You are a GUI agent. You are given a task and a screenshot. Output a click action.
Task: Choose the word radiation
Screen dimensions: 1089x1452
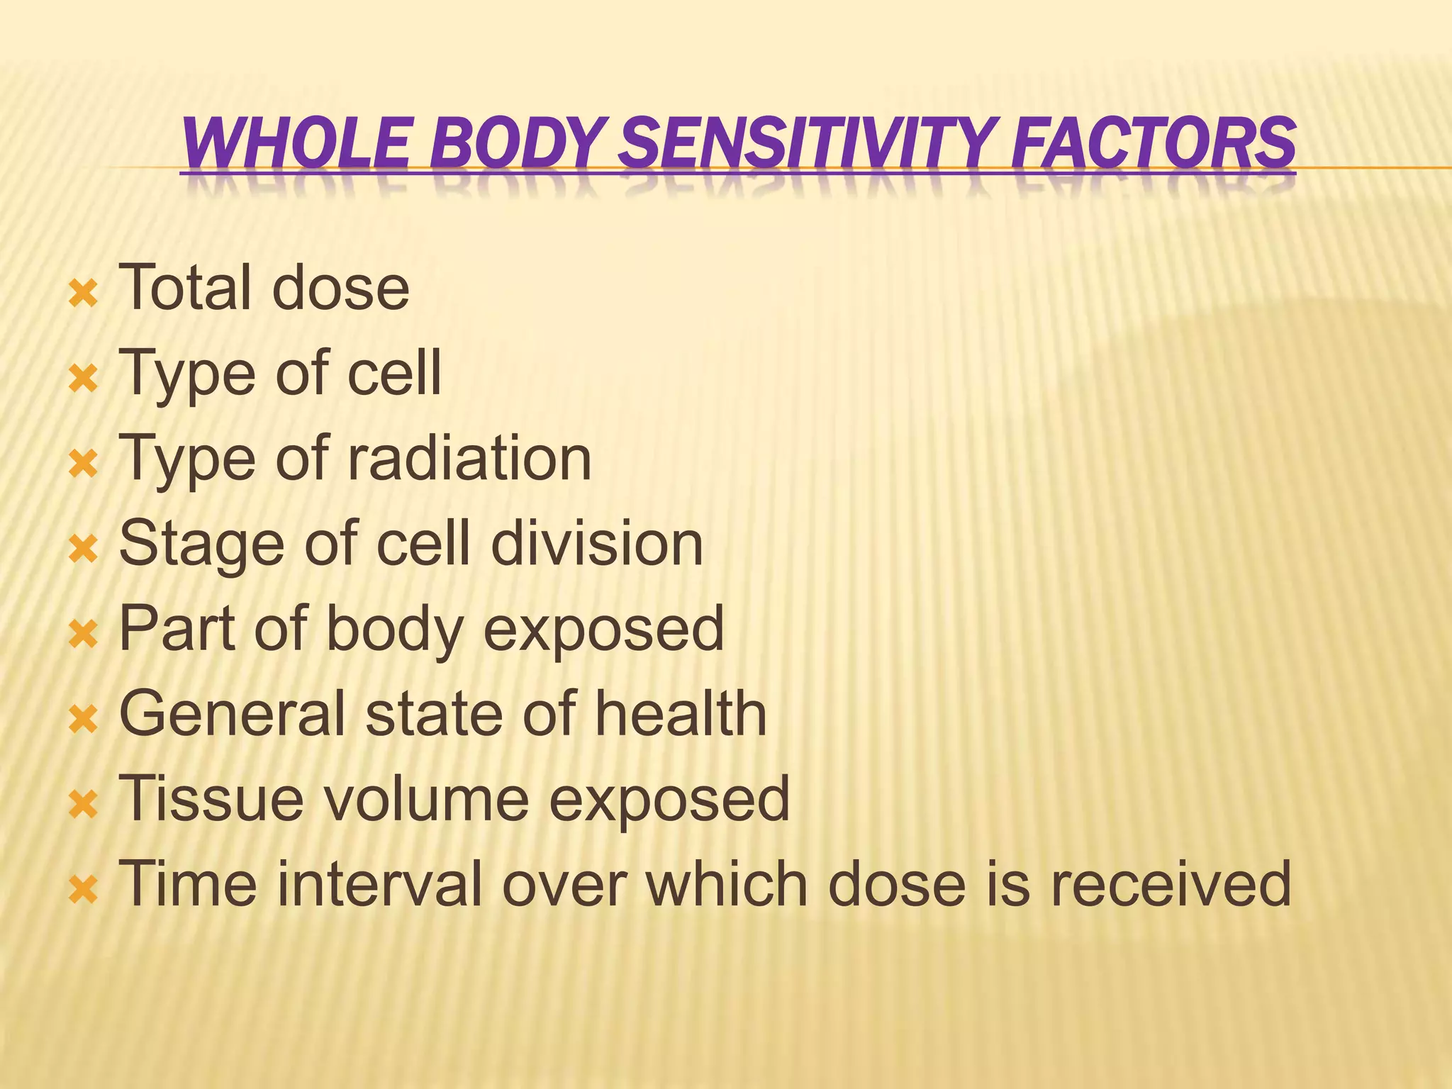pyautogui.click(x=469, y=458)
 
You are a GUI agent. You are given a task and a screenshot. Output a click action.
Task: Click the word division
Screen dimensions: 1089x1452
pyautogui.click(x=596, y=543)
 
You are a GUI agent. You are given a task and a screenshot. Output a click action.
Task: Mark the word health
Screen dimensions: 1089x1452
pyautogui.click(x=680, y=713)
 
